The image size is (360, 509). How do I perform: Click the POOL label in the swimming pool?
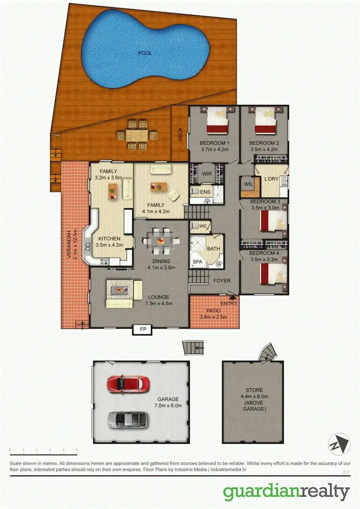pos(144,53)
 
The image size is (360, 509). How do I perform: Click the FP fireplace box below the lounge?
pos(143,330)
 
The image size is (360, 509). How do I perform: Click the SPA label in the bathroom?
pos(197,262)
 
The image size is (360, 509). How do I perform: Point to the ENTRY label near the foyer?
pos(229,304)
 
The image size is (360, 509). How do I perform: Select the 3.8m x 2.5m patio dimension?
pos(213,317)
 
